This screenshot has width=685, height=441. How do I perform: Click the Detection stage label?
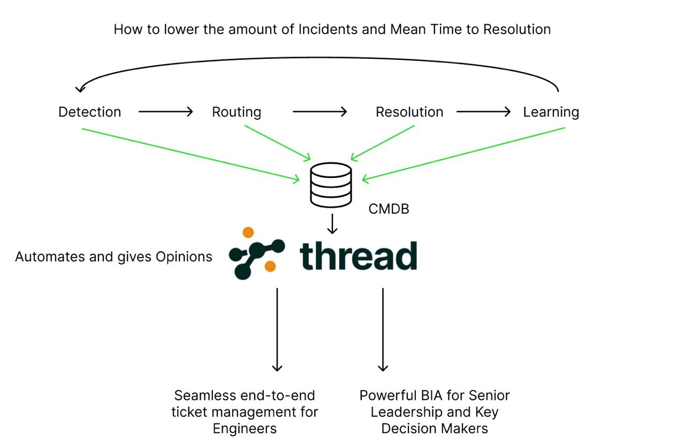pos(90,112)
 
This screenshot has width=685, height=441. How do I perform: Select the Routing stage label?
pos(237,112)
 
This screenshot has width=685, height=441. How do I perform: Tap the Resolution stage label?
pos(409,112)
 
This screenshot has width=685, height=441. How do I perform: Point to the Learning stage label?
pos(551,112)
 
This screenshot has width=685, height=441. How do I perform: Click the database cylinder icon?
pos(331,185)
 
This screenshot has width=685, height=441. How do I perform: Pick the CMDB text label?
pos(389,209)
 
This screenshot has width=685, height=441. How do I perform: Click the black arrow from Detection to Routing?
pos(165,112)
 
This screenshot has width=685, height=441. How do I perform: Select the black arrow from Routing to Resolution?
pos(319,112)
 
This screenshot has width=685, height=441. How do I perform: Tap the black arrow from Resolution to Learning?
pos(483,112)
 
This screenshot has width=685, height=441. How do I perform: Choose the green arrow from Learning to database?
pos(463,153)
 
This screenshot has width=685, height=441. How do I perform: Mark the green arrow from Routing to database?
pos(277,143)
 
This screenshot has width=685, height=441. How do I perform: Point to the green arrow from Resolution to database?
pos(383,143)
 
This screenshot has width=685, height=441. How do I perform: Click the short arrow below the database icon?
pos(332,224)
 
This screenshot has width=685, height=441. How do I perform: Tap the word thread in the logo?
pos(358,256)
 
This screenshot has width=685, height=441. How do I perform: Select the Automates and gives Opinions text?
pos(113,257)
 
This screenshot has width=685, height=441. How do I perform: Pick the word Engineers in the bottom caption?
pos(245,429)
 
